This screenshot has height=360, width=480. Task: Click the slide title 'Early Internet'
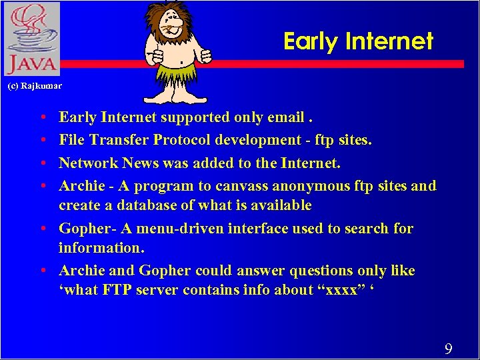coord(358,41)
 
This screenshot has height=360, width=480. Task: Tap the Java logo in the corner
coord(31,39)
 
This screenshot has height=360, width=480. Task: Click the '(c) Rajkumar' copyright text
coord(34,86)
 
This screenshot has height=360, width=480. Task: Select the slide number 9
coord(448,349)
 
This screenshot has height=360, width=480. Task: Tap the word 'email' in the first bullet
coord(285,117)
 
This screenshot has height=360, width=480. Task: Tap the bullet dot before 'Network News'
coord(43,163)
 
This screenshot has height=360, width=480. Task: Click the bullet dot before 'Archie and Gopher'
coord(43,271)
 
